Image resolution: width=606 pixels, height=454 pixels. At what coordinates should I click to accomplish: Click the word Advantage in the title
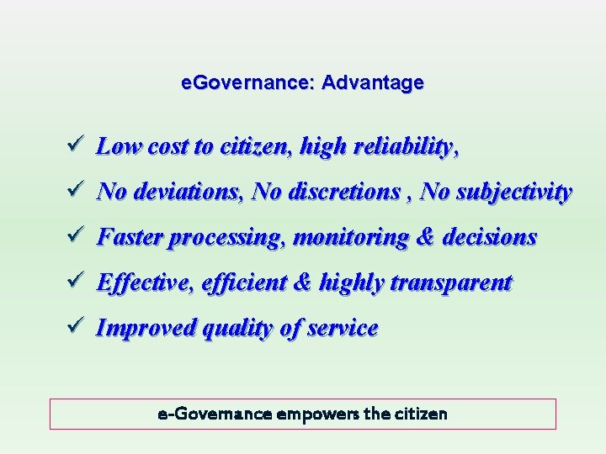point(373,83)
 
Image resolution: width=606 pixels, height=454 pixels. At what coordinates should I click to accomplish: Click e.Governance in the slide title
point(248,83)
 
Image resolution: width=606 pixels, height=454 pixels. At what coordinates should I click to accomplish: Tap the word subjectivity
point(514,193)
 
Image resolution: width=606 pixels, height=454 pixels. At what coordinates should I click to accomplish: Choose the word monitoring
point(353,238)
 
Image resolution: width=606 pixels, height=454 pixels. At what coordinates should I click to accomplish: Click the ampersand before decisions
point(425,238)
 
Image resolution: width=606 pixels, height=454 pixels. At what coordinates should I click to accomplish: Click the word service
point(342,329)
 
